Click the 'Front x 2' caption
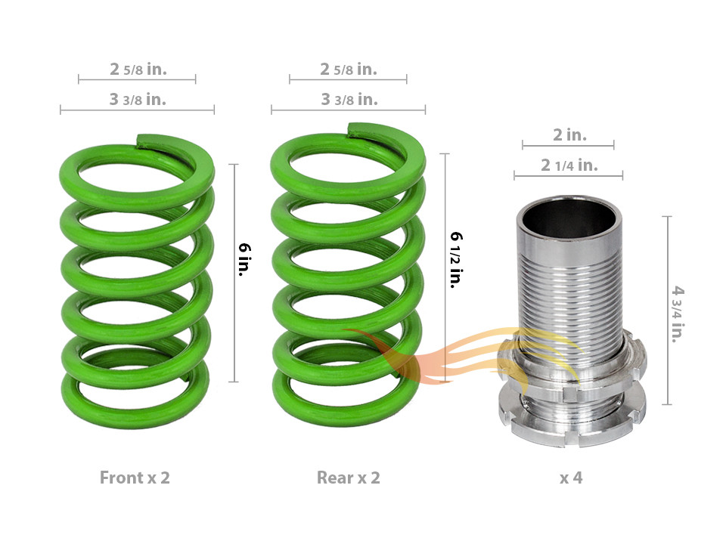135,478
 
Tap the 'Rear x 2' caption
348,478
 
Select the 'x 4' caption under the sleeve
571,478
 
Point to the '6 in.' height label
244,259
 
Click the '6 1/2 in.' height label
457,260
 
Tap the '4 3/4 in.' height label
678,314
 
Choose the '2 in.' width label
570,134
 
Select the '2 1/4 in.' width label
569,165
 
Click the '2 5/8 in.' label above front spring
138,69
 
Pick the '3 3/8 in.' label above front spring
138,99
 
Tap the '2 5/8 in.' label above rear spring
349,69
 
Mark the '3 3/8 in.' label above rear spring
349,99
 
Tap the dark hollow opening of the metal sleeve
569,218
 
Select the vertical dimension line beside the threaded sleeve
667,311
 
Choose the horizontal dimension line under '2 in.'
568,146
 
